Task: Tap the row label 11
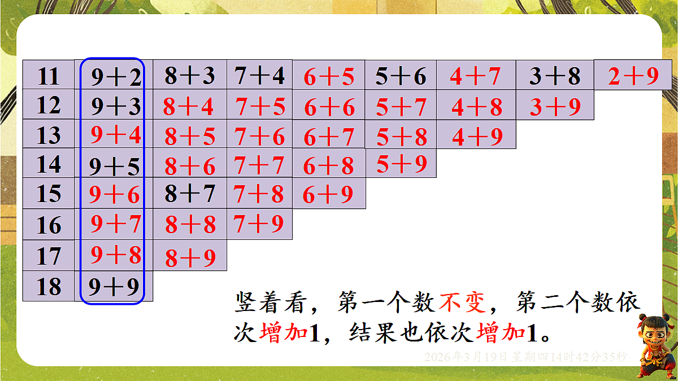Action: tap(49, 76)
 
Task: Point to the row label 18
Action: tap(49, 287)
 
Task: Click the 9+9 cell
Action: tap(114, 287)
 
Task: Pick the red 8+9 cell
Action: tap(190, 258)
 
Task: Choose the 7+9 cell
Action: tap(259, 224)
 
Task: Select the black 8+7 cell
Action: tap(190, 194)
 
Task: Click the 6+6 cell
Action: tap(329, 107)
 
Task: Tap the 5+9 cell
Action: tap(402, 164)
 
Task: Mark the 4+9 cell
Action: tap(477, 137)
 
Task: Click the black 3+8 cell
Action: tap(554, 76)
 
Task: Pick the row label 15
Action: tap(49, 194)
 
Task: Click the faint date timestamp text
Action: tap(525, 357)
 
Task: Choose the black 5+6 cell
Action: tap(401, 76)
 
